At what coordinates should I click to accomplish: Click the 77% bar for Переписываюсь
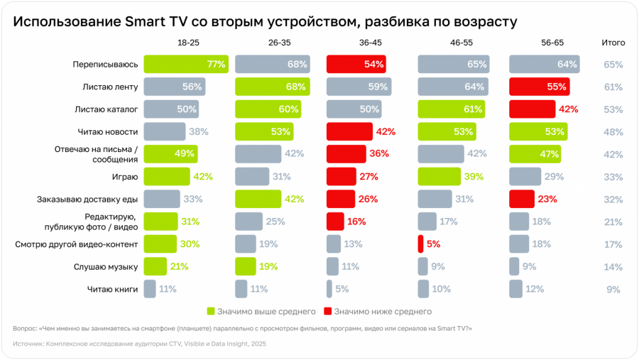185,64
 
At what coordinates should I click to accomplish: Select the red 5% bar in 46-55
420,244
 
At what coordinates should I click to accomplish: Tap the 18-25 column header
188,43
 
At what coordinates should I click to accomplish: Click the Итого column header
613,43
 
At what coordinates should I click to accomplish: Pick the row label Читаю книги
111,289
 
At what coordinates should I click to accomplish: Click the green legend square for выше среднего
210,311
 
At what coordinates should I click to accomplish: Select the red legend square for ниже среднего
327,311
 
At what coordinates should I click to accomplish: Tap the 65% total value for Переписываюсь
613,65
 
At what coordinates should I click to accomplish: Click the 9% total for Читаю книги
613,289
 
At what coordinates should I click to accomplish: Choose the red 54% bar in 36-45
356,64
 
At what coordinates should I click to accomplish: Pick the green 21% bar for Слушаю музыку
155,266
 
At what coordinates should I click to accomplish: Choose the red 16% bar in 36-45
335,222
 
